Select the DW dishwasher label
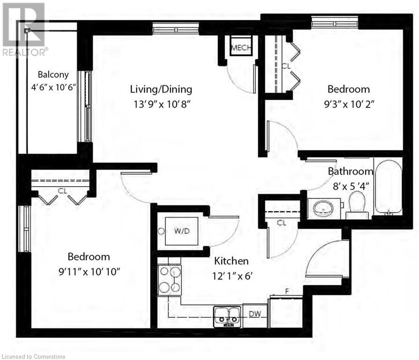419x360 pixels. point(254,314)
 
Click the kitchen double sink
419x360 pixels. point(228,315)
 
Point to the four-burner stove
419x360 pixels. point(170,279)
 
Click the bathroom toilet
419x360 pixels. point(358,206)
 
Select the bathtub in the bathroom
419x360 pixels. point(389,187)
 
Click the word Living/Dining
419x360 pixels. point(161,89)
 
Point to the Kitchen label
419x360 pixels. point(231,261)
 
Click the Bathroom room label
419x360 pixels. point(350,171)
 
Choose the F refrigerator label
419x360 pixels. point(287,291)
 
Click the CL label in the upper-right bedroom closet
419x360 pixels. point(286,66)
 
